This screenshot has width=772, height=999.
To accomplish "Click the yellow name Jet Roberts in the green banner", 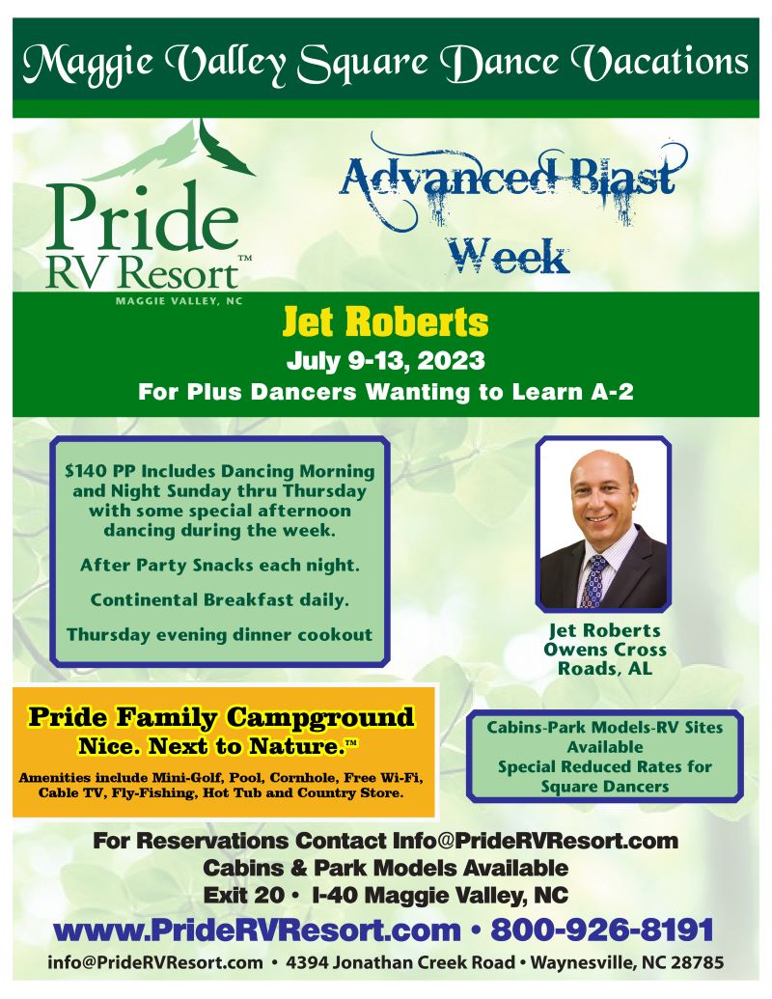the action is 385,322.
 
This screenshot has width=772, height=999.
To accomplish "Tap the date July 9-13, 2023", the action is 385,361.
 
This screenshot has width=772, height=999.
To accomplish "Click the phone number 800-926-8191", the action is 602,930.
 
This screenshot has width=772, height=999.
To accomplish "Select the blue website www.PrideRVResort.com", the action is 257,930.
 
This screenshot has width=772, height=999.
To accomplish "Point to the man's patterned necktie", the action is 594,580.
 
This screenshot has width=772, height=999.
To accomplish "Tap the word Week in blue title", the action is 507,256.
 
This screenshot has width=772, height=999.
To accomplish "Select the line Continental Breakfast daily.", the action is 220,600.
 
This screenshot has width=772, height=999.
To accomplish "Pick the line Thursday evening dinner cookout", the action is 220,635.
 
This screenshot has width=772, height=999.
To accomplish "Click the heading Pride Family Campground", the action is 221,717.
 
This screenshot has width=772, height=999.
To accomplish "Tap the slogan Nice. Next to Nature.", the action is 216,746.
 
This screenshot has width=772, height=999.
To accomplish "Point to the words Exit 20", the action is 243,895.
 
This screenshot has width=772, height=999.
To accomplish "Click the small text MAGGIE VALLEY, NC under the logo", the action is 179,301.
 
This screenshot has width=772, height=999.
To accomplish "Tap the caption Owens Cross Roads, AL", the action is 604,659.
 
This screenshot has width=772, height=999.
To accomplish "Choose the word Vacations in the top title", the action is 658,63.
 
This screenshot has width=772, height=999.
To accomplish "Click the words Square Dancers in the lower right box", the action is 604,787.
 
